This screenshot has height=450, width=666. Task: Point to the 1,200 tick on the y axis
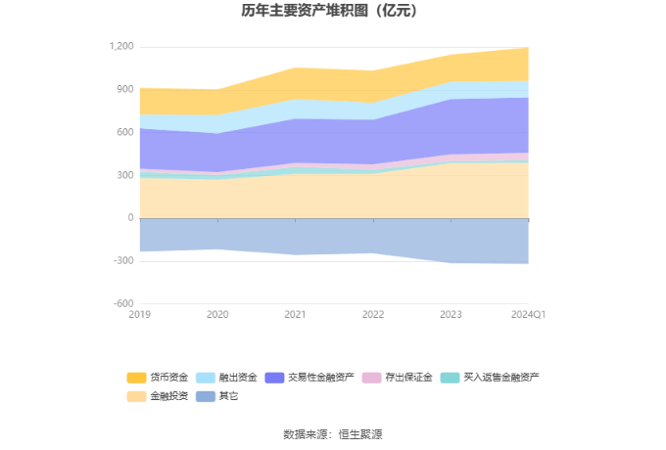[x=121, y=47]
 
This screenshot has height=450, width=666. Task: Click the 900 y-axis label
[x=124, y=90]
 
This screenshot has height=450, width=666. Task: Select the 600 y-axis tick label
[x=124, y=133]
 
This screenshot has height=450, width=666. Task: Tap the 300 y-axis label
[x=124, y=176]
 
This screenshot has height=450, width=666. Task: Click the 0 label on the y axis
[x=130, y=218]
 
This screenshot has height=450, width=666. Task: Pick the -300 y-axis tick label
[x=122, y=261]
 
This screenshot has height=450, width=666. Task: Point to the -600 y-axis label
[x=122, y=304]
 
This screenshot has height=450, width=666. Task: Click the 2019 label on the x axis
[x=140, y=314]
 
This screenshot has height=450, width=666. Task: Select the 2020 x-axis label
[x=217, y=314]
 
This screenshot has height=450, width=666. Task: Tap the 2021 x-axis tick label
[x=295, y=314]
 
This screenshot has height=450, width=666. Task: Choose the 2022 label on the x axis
[x=372, y=314]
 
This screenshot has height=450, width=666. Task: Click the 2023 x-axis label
[x=450, y=314]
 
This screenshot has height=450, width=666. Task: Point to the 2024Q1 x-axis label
[x=529, y=314]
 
